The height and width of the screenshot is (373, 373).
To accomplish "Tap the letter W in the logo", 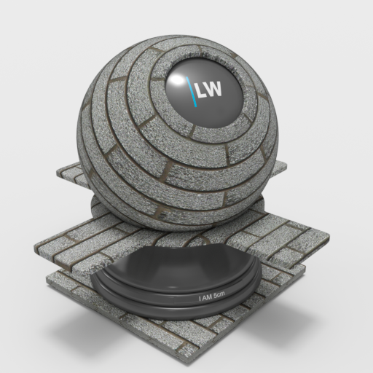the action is tap(213, 89).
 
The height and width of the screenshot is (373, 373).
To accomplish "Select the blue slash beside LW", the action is tap(192, 92).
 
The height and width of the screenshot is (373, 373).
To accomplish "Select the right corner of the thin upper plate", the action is tap(286, 167).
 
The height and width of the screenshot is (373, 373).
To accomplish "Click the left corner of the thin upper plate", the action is tap(58, 173).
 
